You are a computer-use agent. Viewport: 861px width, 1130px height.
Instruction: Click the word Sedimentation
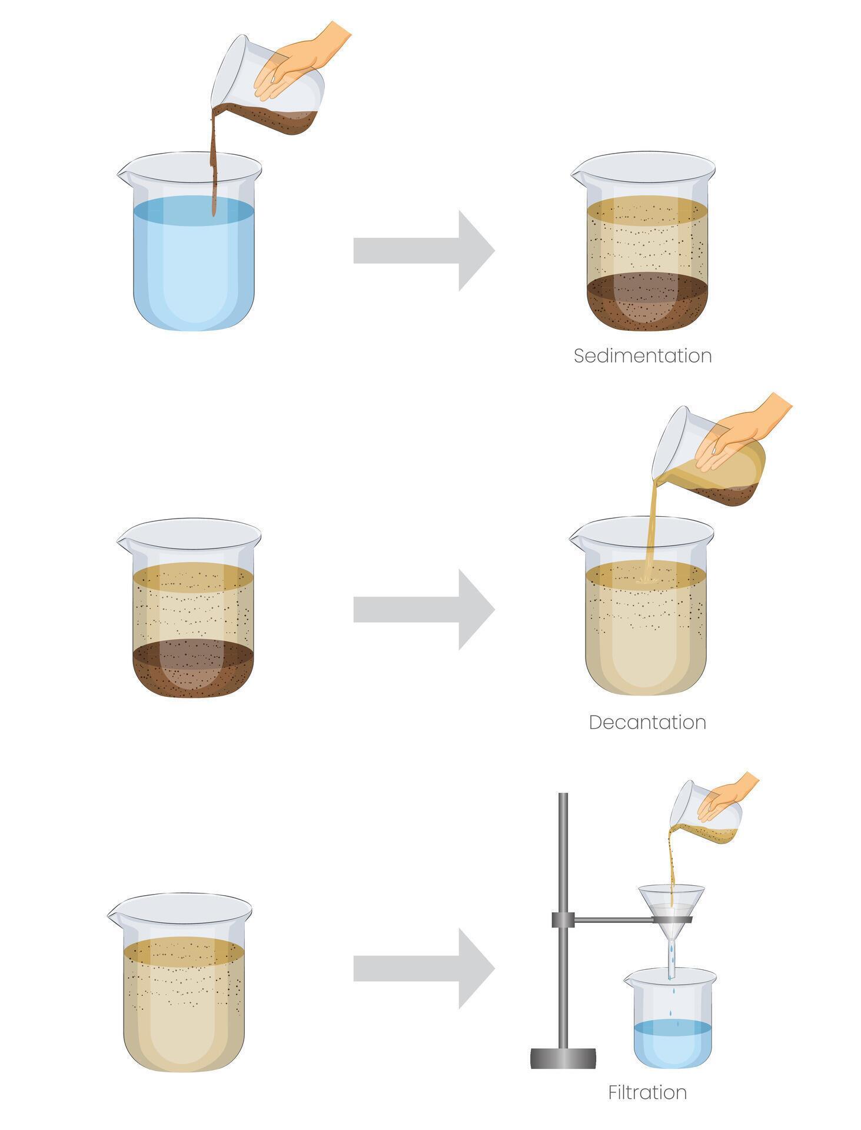click(x=643, y=356)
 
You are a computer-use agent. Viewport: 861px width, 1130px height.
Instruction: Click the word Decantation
click(x=647, y=722)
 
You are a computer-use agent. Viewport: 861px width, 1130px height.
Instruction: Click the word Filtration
click(x=647, y=1092)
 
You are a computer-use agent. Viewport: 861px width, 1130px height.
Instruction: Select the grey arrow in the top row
click(x=424, y=251)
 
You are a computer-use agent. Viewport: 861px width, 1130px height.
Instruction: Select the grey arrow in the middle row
click(x=424, y=609)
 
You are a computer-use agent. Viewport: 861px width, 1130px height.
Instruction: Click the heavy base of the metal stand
click(x=563, y=1058)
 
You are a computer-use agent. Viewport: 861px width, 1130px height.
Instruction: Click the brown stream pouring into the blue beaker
click(x=214, y=159)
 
